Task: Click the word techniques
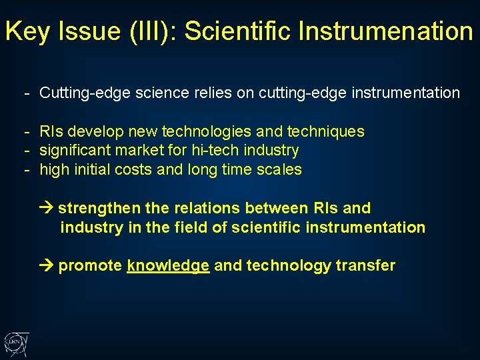(x=325, y=131)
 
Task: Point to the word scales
(x=279, y=170)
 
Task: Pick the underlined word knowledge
(x=168, y=266)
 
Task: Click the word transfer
(x=365, y=266)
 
